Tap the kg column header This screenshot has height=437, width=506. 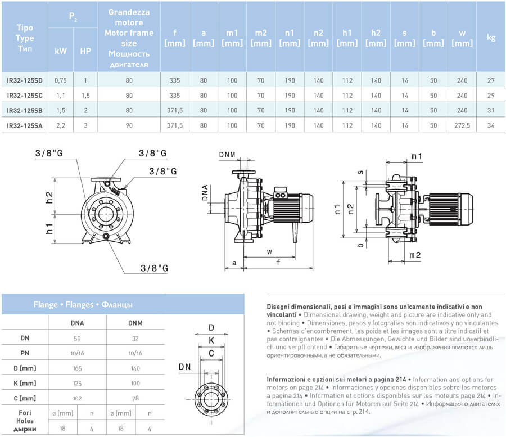coord(491,38)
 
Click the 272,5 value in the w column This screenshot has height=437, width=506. coord(462,125)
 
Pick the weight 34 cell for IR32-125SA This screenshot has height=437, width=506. coord(491,125)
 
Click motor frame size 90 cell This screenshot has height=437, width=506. coord(129,125)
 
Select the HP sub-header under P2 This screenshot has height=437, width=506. coord(85,51)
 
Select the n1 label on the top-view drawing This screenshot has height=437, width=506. coord(338,210)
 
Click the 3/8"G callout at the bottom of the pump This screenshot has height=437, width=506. coord(154,268)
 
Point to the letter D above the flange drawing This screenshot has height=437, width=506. coord(211,327)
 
